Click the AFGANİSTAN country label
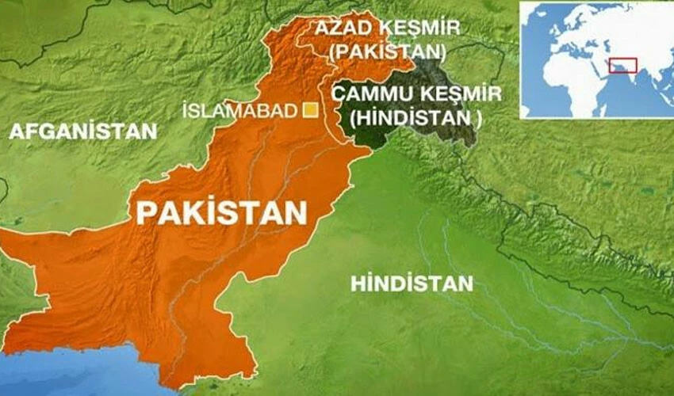83,131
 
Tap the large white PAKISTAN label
221,212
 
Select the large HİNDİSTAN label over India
412,284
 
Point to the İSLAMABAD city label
239,111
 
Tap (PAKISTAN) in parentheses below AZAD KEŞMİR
389,53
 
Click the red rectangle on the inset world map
622,65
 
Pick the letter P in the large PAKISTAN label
145,213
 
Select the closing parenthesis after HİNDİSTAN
479,116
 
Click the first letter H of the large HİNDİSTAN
358,284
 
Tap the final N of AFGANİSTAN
151,131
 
